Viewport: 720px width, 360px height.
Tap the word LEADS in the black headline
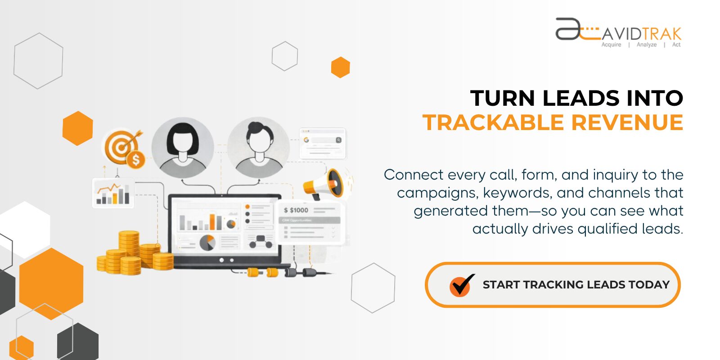[581, 99]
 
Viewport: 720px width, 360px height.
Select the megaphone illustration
[324, 184]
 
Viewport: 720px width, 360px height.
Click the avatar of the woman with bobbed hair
[182, 148]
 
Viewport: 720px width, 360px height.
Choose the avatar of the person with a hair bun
[258, 148]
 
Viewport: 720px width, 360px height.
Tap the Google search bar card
[323, 143]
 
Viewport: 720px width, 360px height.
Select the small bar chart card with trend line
[112, 193]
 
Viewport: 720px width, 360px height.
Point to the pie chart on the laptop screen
[207, 243]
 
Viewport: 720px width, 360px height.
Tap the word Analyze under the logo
[646, 45]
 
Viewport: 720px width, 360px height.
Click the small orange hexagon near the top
[340, 67]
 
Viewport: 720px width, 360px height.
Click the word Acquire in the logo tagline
[611, 45]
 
